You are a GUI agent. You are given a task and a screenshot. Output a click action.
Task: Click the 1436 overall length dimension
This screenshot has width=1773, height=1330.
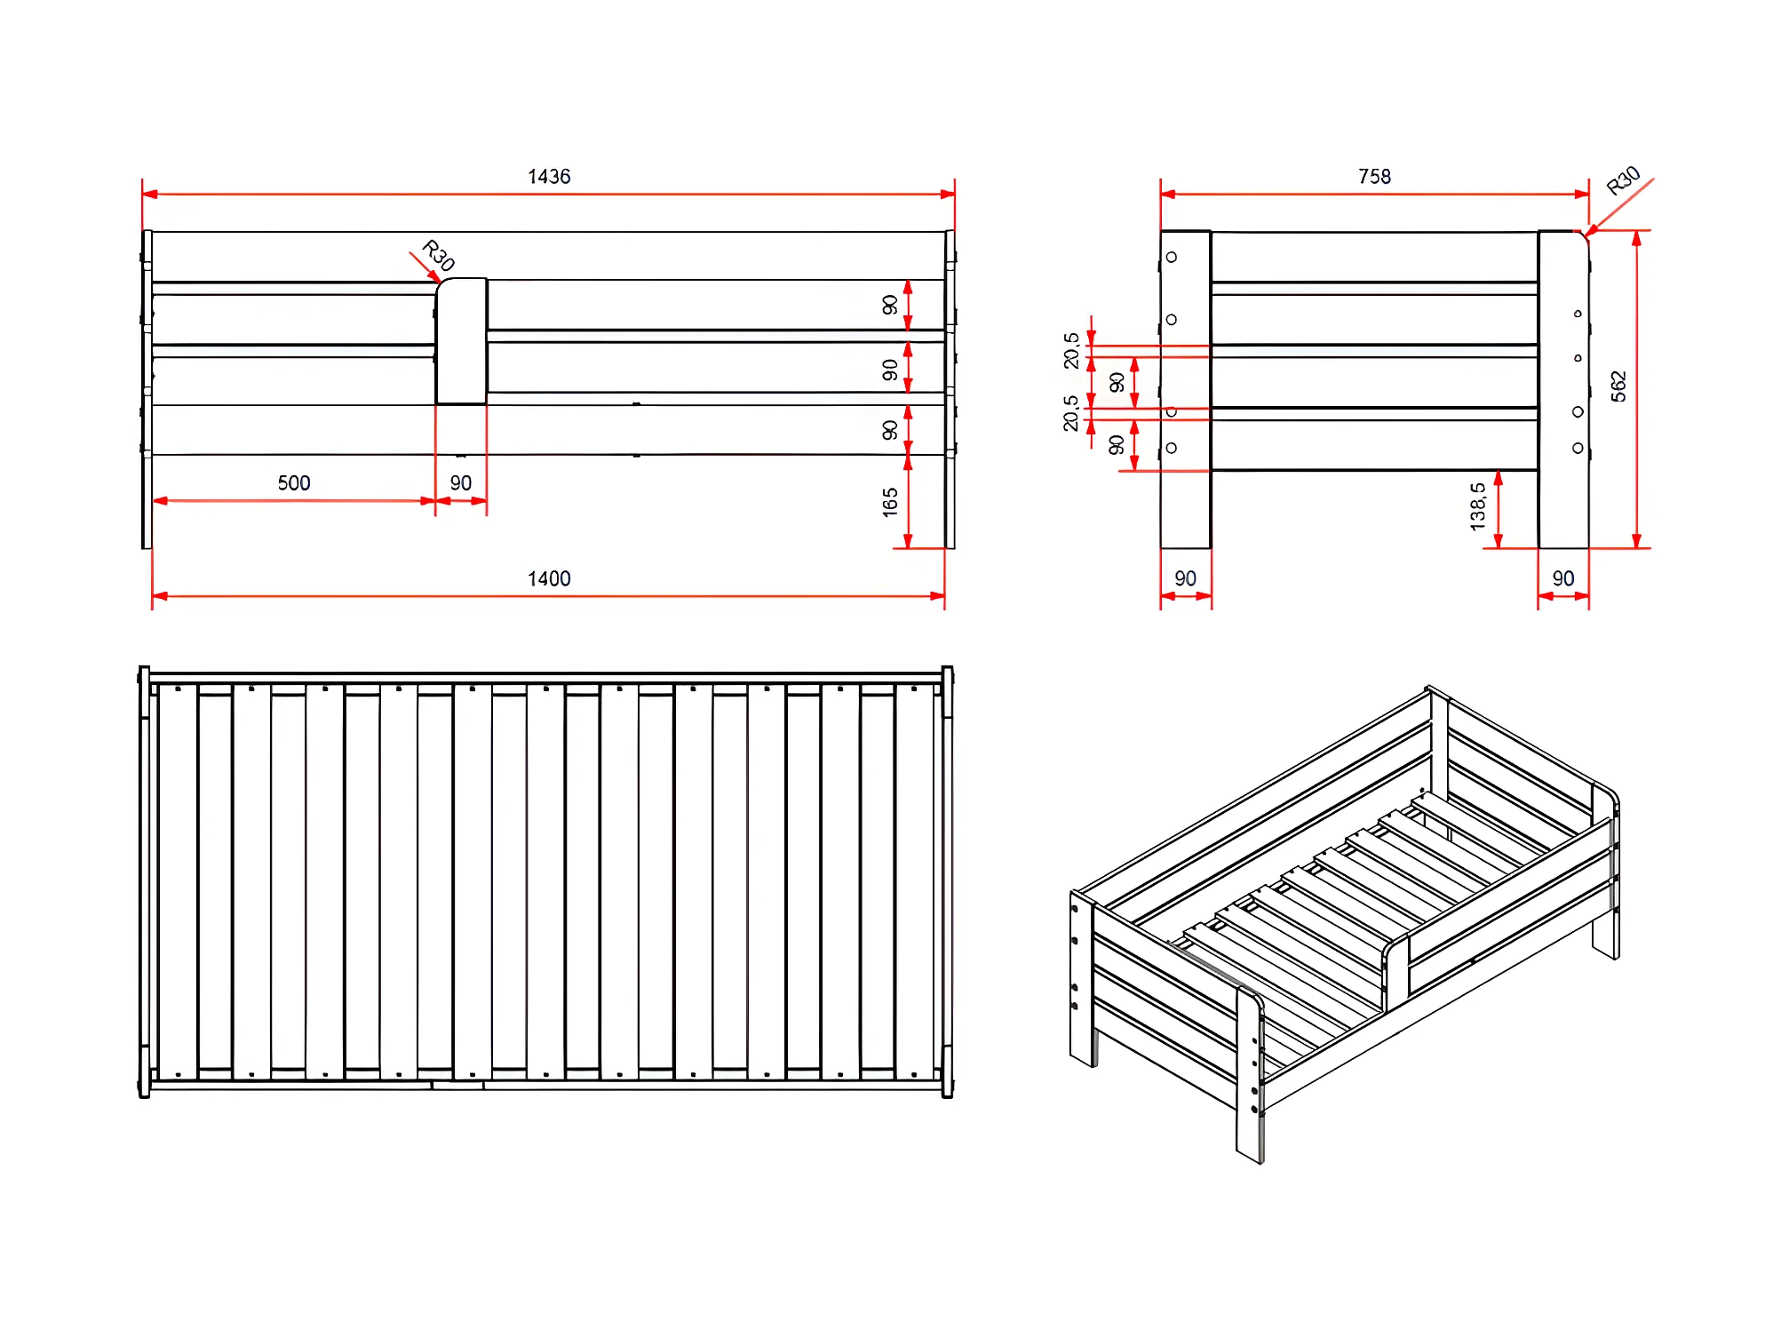(549, 177)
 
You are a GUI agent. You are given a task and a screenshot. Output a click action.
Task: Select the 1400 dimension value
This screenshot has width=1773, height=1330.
(549, 579)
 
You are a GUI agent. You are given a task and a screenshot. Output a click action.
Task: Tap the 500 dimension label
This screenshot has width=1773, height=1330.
(294, 483)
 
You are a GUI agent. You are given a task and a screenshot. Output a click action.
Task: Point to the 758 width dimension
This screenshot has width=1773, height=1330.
(1374, 177)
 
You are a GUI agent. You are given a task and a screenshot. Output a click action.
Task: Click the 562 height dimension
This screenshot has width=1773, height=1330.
(1618, 386)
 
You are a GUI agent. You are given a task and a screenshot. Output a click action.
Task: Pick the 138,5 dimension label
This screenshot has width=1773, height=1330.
(1477, 507)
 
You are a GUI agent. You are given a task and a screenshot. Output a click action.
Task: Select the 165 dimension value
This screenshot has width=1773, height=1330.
(890, 503)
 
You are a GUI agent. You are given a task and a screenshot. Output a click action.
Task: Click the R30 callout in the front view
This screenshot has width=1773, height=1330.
(438, 256)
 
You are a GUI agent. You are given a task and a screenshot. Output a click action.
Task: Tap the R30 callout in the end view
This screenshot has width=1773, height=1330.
(1624, 180)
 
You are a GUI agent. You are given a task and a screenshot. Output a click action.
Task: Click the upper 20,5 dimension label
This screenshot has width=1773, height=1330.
(1071, 351)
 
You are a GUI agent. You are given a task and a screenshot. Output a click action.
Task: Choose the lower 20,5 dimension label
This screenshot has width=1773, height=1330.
(1071, 414)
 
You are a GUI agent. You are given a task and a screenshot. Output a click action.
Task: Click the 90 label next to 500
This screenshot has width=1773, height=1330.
(460, 483)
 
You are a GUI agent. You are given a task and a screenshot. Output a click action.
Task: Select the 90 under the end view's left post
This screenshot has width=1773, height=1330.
(1185, 579)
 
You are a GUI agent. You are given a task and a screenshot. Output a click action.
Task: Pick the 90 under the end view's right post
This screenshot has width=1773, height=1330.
(1562, 579)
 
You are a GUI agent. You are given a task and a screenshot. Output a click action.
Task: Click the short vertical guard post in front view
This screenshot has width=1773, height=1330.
(461, 341)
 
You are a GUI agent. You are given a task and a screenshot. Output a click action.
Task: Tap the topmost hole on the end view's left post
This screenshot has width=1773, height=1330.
(1172, 258)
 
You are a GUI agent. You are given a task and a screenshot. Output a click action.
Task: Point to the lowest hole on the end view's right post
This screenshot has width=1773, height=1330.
(1578, 449)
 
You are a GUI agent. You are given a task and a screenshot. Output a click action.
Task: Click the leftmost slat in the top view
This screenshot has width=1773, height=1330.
(178, 882)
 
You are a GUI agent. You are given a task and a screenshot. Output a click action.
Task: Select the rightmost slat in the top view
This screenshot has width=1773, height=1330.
(914, 882)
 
